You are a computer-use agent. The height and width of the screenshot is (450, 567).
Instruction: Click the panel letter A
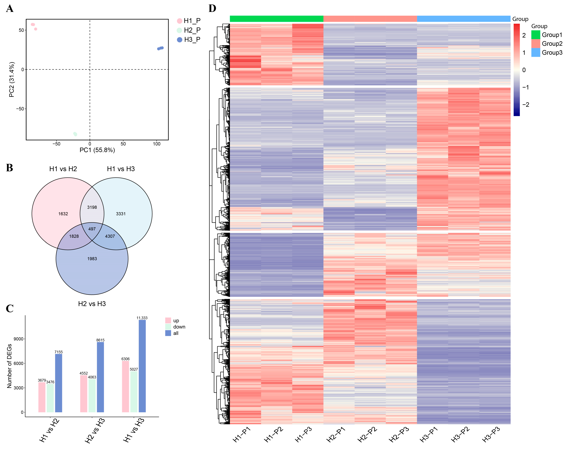click(10, 9)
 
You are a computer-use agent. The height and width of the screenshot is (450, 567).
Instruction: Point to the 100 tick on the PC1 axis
click(157, 144)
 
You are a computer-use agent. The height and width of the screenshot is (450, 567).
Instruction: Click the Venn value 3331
click(121, 214)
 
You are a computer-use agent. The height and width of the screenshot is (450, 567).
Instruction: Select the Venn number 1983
click(92, 259)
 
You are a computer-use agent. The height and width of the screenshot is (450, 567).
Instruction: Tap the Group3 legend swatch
click(535, 53)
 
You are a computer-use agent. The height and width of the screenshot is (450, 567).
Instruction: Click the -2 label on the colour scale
click(525, 105)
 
